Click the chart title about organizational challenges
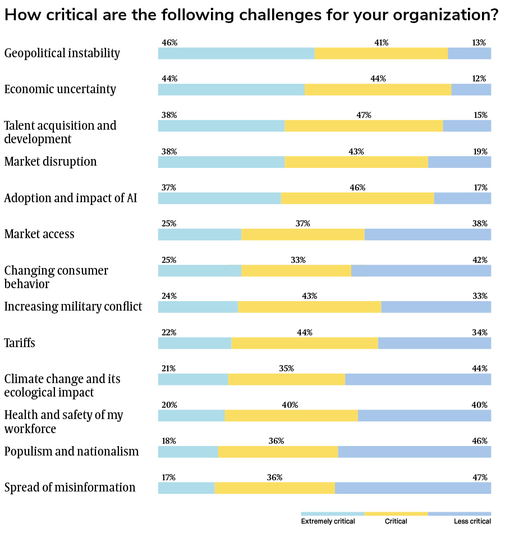[x=251, y=15]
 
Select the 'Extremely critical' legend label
[x=328, y=521]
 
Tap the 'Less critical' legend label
[x=472, y=521]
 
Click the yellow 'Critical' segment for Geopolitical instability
[x=381, y=53]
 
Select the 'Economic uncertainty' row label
[x=60, y=89]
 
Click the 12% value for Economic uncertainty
[x=479, y=79]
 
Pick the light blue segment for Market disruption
[x=221, y=162]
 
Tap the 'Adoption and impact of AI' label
[x=71, y=198]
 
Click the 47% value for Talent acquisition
[x=364, y=115]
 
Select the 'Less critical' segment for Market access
[x=428, y=234]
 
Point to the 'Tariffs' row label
[x=20, y=343]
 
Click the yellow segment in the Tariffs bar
[x=305, y=343]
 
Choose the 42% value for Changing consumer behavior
[x=480, y=260]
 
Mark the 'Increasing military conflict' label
[x=73, y=307]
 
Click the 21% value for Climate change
[x=168, y=369]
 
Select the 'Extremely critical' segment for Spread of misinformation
[x=186, y=488]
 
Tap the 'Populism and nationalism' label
[x=71, y=452]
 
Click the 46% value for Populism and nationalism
[x=480, y=441]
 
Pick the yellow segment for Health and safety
[x=291, y=416]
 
